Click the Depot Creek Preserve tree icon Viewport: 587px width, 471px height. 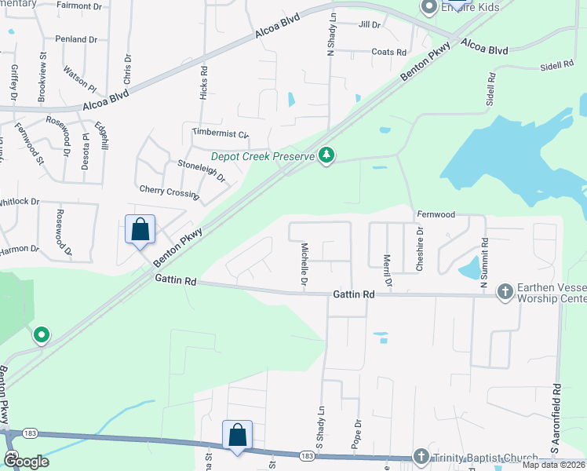[x=326, y=156]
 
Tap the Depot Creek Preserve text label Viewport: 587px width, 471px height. [x=263, y=156]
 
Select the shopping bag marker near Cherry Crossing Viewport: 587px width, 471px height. [x=140, y=230]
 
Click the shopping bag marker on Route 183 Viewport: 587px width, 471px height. [x=237, y=436]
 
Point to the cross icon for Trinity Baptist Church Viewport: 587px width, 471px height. [x=421, y=457]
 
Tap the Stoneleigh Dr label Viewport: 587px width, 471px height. [x=202, y=171]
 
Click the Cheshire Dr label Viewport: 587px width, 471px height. [x=420, y=250]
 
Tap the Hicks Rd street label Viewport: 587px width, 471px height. [x=204, y=81]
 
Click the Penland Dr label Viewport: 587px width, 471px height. [x=75, y=38]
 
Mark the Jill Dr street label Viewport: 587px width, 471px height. [x=369, y=25]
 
